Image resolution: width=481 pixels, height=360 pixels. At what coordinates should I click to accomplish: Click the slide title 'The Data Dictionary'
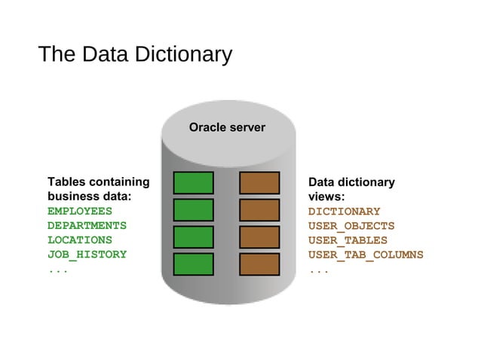[135, 55]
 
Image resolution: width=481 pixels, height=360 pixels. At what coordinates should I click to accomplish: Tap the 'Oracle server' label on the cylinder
[227, 127]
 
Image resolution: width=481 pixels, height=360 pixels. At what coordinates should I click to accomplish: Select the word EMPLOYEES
[80, 211]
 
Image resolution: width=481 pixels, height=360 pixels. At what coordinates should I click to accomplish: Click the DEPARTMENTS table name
[87, 225]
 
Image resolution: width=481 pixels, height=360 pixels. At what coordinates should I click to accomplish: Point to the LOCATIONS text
[80, 240]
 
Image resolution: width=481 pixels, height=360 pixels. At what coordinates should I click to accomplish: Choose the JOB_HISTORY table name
[87, 255]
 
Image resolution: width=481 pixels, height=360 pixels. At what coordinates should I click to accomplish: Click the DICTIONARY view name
[344, 212]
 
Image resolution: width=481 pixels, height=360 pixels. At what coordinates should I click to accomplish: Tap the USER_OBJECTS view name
[351, 226]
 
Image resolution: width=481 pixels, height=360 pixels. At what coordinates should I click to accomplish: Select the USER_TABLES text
[348, 240]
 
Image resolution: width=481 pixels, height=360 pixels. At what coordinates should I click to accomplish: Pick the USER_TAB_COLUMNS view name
[366, 255]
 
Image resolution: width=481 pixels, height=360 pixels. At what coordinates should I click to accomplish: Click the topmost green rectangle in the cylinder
[194, 183]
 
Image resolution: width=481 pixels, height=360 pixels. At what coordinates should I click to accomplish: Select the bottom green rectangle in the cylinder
[194, 264]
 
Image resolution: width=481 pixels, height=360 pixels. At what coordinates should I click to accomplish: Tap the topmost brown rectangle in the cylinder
[259, 183]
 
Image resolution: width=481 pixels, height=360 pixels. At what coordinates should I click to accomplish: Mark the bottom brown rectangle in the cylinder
[259, 264]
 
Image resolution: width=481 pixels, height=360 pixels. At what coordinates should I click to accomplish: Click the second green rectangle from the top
[194, 210]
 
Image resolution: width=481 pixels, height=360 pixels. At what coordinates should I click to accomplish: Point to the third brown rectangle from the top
[259, 237]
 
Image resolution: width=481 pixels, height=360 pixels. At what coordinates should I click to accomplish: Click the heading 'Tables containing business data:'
[98, 189]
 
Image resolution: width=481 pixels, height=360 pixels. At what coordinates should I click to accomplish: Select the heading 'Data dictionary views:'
[351, 189]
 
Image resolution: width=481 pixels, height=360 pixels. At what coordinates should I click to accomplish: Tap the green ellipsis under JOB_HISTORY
[58, 270]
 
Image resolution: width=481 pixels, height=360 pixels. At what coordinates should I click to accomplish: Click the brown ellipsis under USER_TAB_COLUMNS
[318, 270]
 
